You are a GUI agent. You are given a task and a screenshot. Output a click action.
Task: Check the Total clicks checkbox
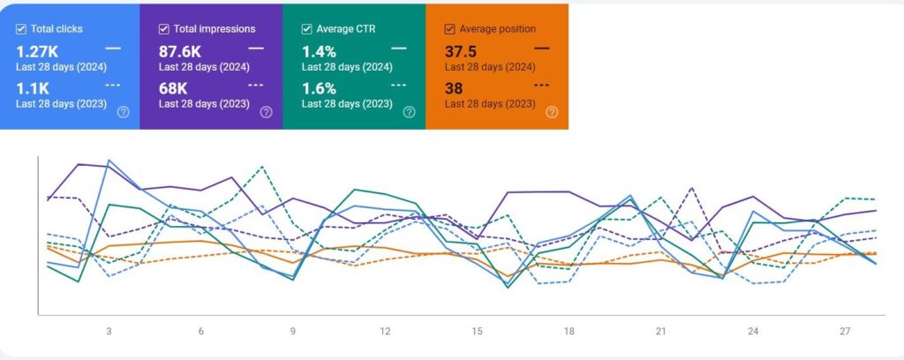(21, 29)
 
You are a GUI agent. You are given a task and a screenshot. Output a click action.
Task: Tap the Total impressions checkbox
(164, 29)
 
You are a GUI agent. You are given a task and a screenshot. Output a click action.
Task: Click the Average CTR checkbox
(307, 29)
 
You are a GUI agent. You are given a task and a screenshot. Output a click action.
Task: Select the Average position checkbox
(450, 29)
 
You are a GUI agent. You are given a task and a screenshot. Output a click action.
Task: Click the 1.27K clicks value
(37, 52)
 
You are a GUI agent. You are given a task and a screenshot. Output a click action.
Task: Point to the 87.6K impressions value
(180, 52)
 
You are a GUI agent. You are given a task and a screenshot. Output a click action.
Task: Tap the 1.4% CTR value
(319, 52)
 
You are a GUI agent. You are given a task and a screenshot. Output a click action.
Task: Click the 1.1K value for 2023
(31, 88)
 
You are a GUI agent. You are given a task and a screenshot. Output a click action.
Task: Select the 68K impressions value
(173, 88)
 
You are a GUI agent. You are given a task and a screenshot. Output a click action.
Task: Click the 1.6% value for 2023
(319, 88)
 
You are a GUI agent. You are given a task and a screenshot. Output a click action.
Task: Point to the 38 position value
(454, 88)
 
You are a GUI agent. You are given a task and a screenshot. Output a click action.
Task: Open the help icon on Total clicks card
(123, 112)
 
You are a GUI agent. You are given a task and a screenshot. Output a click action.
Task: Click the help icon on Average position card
(552, 112)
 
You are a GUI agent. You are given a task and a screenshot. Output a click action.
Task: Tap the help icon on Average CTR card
(409, 112)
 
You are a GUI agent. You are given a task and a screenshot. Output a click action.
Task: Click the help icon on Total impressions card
(266, 112)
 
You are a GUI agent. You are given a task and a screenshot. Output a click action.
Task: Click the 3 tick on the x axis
(109, 332)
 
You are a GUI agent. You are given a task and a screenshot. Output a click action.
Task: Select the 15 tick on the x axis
(477, 332)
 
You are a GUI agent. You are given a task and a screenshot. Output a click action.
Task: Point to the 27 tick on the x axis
(845, 332)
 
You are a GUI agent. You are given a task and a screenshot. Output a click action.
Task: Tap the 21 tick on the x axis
(660, 332)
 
